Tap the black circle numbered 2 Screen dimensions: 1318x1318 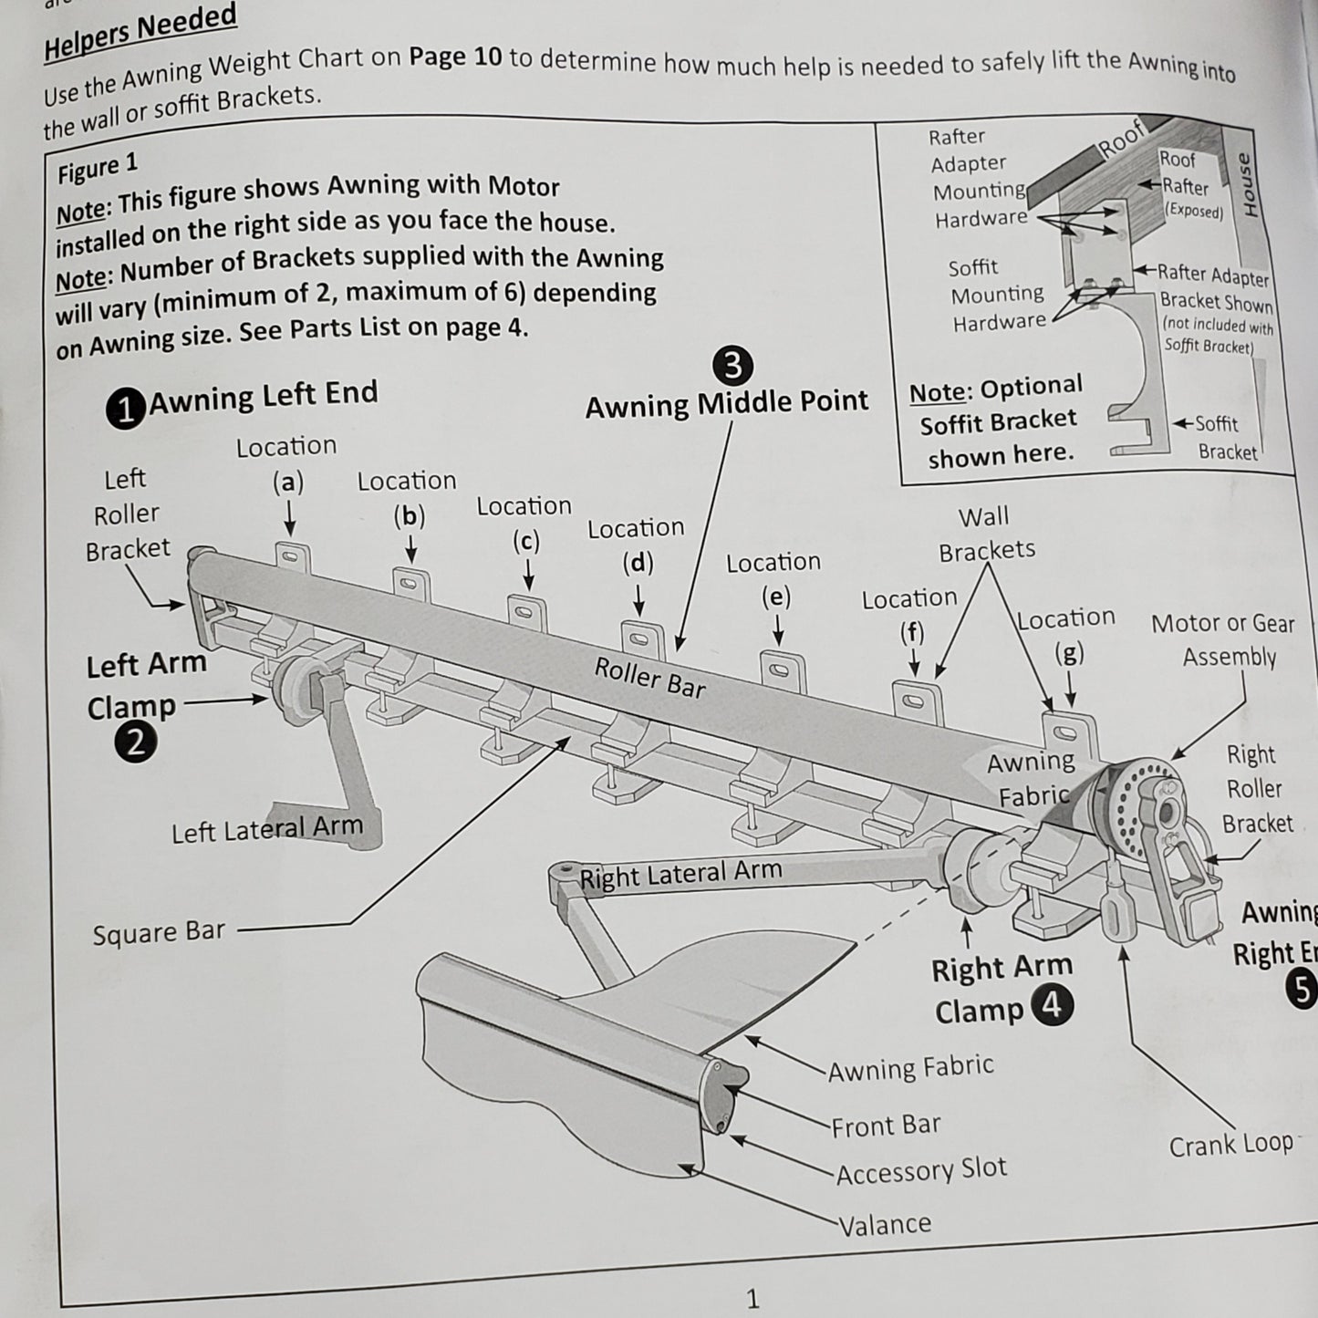[x=134, y=744]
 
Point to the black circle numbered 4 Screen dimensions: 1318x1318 [x=1052, y=1006]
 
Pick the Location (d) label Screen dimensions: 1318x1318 [x=636, y=545]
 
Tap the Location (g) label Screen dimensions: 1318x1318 [x=1066, y=635]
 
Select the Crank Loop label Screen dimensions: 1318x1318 [x=1230, y=1144]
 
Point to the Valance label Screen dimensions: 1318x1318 [x=884, y=1223]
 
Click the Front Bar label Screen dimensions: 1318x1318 [x=885, y=1126]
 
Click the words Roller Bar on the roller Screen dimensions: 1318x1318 [x=649, y=678]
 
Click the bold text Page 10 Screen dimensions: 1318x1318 [x=455, y=57]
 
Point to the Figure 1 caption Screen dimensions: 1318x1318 [x=97, y=169]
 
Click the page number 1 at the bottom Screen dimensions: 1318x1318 [x=752, y=1298]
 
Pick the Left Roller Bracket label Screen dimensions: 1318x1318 [x=127, y=514]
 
